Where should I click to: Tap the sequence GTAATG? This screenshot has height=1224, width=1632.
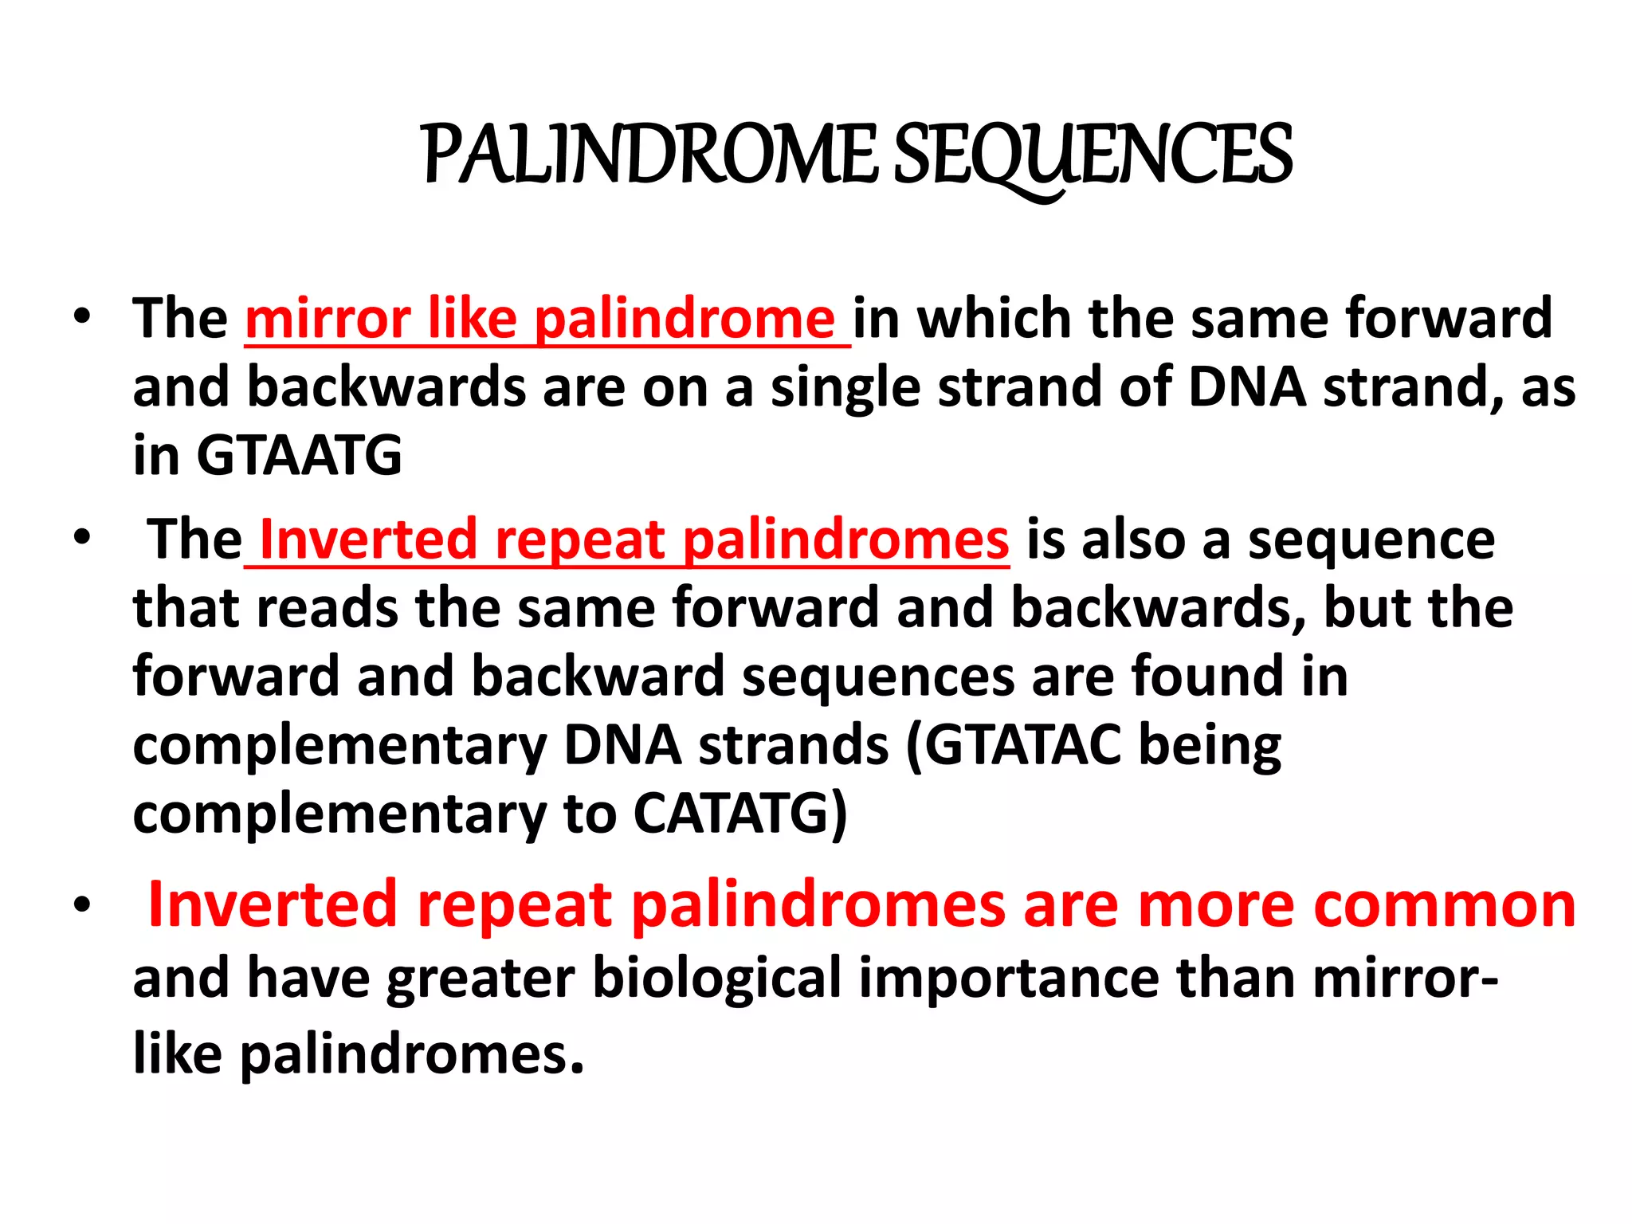[x=299, y=456]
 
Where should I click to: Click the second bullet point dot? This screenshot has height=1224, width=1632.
[x=81, y=539]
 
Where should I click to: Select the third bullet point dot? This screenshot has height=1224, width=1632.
[x=81, y=905]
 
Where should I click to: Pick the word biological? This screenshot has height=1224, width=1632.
[x=717, y=979]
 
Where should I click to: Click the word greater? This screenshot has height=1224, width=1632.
[x=481, y=979]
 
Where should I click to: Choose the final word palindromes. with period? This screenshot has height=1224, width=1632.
[x=412, y=1054]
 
